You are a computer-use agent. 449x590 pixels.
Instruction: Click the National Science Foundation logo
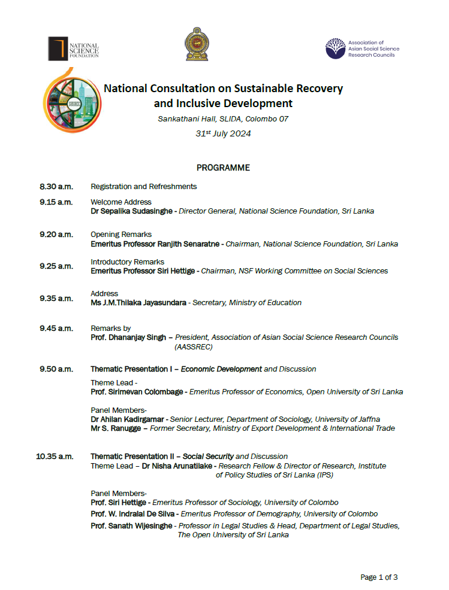(73, 48)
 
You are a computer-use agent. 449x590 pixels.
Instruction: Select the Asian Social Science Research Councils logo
(362, 48)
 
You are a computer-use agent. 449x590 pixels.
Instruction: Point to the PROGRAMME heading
(223, 168)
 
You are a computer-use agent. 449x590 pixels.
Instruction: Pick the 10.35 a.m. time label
(55, 457)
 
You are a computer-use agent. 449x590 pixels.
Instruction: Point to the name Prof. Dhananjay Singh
(128, 337)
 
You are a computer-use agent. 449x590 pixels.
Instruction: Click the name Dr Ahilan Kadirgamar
(127, 419)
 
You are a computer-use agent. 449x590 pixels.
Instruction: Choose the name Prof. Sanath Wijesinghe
(132, 525)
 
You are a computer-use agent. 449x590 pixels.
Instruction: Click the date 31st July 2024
(223, 133)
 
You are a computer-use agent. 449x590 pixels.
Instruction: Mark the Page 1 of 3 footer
(379, 577)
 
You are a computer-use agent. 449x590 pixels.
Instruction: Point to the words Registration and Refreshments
(143, 187)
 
